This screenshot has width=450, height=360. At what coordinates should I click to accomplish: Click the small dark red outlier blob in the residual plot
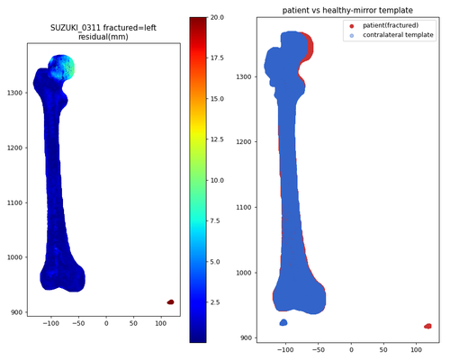(x=170, y=302)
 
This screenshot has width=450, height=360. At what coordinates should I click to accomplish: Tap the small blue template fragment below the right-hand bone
(x=283, y=322)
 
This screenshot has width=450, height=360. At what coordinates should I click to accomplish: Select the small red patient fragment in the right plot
(x=427, y=326)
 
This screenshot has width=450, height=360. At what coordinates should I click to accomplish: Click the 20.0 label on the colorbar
(x=217, y=17)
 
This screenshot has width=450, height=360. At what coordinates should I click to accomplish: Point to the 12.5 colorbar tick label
(x=217, y=139)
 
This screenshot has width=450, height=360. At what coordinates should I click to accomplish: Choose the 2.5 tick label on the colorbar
(x=215, y=302)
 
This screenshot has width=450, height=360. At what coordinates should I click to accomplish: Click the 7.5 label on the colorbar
(x=215, y=220)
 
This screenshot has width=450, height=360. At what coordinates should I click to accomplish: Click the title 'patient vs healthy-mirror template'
(x=347, y=10)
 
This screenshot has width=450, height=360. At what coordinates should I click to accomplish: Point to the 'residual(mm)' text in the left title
(x=103, y=37)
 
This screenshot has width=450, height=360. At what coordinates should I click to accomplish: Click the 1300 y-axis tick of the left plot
(x=15, y=93)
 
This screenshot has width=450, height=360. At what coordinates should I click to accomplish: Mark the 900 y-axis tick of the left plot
(x=17, y=312)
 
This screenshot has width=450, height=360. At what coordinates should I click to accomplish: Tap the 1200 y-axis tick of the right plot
(x=244, y=141)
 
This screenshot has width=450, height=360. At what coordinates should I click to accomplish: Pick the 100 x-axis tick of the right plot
(x=416, y=350)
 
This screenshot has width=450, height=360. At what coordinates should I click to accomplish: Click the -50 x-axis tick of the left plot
(x=78, y=323)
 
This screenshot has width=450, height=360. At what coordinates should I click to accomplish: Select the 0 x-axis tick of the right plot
(x=351, y=350)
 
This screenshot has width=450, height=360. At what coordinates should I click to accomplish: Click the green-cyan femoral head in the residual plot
(x=61, y=67)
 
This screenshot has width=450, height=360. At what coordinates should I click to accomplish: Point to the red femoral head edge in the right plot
(x=309, y=47)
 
